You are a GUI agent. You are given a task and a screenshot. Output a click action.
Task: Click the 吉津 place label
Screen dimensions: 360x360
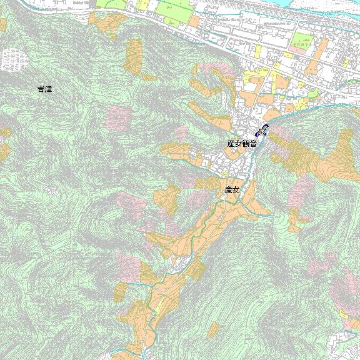44,89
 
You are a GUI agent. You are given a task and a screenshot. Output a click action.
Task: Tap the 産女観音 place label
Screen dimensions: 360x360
242,144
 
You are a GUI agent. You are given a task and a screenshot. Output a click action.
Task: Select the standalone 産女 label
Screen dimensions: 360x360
232,189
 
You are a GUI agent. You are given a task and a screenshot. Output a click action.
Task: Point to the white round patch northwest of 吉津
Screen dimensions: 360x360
14,59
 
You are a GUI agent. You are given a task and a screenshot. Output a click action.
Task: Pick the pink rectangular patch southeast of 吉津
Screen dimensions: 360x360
117,117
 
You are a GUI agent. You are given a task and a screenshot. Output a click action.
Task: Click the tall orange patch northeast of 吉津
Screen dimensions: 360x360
133,54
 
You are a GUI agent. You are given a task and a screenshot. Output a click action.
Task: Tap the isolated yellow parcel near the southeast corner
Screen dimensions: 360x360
343,314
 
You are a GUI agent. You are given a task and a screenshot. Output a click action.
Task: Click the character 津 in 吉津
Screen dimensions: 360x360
48,89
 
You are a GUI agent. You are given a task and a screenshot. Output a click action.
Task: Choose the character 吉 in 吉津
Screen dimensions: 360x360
41,89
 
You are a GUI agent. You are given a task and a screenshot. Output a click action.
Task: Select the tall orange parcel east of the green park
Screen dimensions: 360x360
323,49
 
